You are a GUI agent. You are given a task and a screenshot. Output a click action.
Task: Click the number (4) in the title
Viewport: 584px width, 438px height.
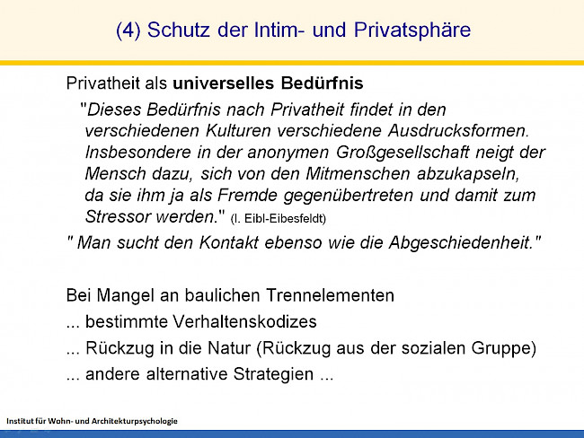click(x=128, y=30)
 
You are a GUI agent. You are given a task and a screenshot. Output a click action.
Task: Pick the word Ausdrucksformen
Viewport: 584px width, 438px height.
click(x=459, y=131)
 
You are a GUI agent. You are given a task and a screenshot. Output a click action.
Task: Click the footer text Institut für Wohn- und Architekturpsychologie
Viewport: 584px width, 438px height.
click(x=93, y=420)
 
